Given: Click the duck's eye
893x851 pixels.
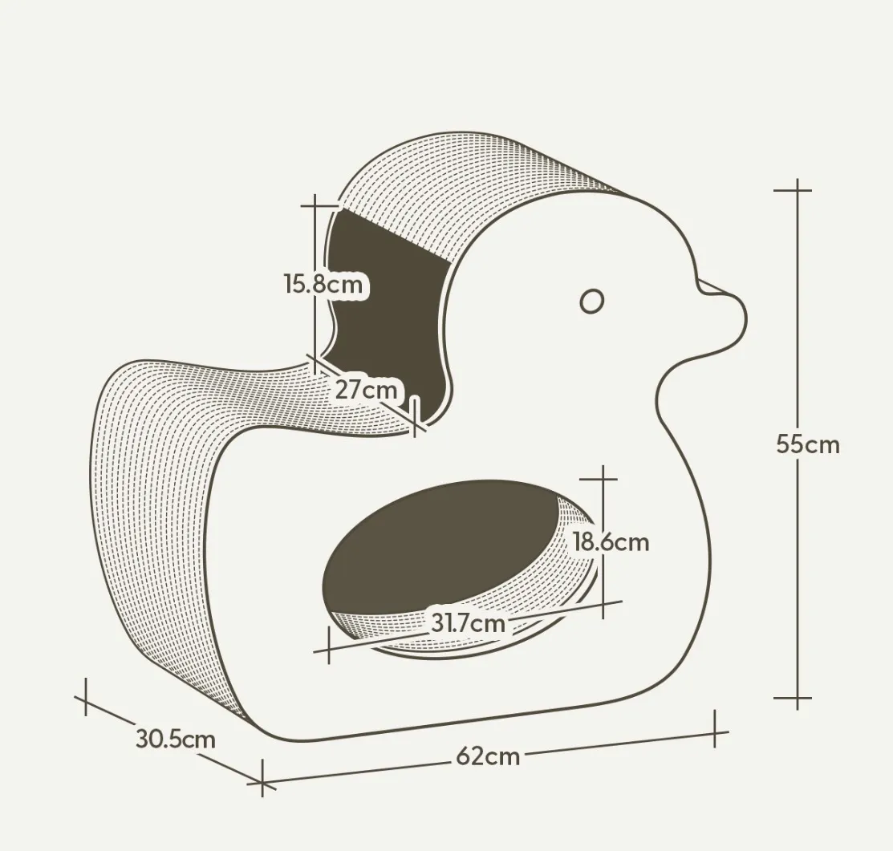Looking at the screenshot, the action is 592,301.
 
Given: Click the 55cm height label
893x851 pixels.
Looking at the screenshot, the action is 808,444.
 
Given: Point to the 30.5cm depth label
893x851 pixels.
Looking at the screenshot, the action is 176,739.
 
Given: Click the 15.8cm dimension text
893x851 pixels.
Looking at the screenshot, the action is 323,283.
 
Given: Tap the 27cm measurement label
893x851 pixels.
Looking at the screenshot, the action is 366,389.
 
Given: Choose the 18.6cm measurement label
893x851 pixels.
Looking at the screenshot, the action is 611,542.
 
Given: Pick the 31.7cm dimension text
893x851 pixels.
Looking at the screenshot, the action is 468,622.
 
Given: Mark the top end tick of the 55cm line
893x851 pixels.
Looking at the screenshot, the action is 797,190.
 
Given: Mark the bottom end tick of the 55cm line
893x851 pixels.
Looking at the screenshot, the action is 797,697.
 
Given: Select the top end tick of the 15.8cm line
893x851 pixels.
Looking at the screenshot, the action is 315,205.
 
